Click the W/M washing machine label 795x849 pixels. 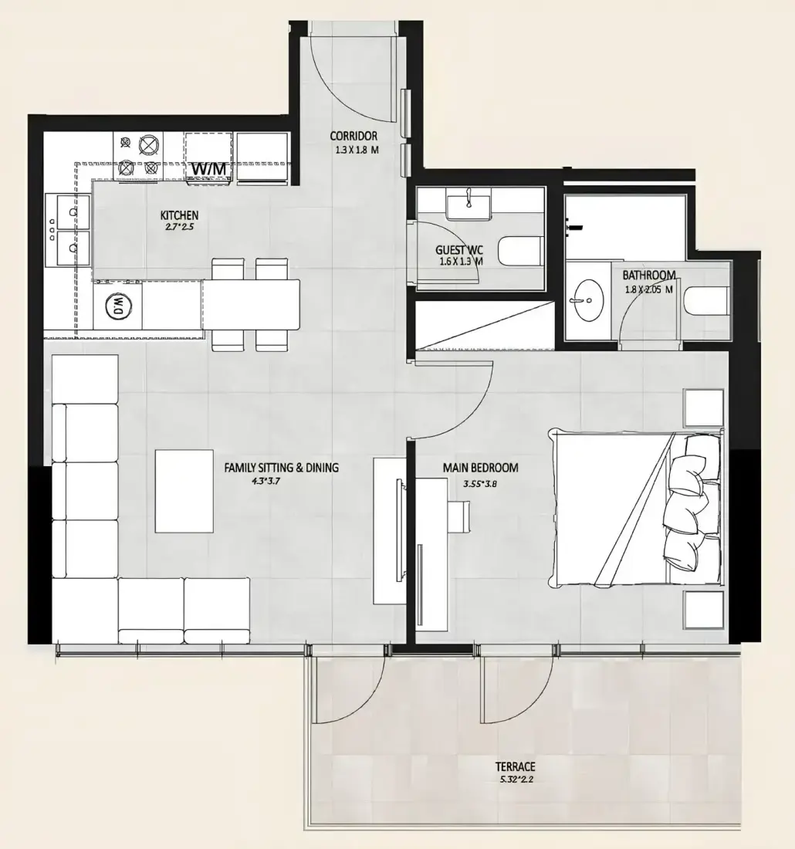[x=208, y=169]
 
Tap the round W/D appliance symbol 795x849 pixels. [x=118, y=306]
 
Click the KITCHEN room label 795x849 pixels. [x=179, y=215]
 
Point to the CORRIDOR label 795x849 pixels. [x=354, y=136]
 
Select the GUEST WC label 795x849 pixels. [x=459, y=250]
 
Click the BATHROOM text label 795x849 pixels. [x=649, y=275]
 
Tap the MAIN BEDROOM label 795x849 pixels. [x=480, y=467]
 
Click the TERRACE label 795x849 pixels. [x=515, y=766]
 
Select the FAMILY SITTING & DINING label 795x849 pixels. [x=282, y=467]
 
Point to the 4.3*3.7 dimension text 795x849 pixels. [x=266, y=481]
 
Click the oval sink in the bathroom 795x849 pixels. [x=587, y=299]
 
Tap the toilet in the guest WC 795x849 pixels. [x=521, y=251]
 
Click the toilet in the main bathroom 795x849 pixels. [x=705, y=301]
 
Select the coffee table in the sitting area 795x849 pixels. [x=184, y=491]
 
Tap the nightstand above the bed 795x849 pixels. [x=703, y=408]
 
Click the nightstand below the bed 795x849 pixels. [x=703, y=610]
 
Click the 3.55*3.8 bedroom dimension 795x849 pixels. [x=480, y=483]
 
